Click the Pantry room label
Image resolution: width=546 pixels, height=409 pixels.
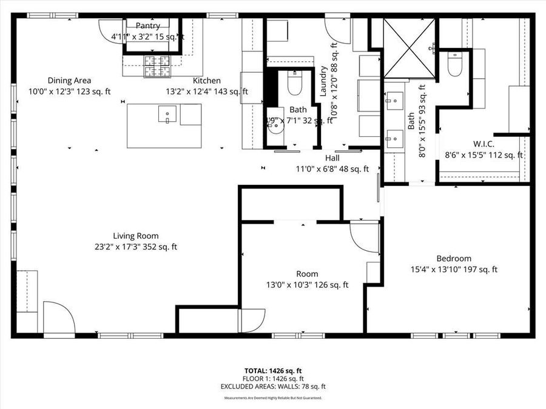pyautogui.click(x=147, y=26)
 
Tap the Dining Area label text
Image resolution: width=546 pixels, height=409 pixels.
pyautogui.click(x=69, y=81)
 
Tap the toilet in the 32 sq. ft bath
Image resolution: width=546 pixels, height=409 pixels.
pyautogui.click(x=294, y=85)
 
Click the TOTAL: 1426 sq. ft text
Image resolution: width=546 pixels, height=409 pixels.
pyautogui.click(x=272, y=370)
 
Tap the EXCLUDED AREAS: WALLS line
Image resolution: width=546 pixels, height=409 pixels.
pyautogui.click(x=272, y=386)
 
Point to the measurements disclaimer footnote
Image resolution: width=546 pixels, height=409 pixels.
pyautogui.click(x=272, y=398)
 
